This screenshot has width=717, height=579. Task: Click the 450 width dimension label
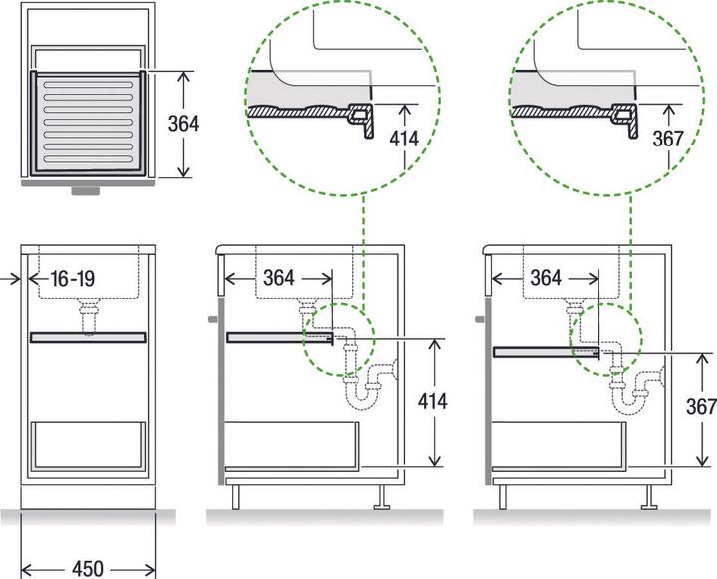(88, 569)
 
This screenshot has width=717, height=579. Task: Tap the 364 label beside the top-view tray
(183, 124)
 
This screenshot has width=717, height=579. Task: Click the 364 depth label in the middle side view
(278, 278)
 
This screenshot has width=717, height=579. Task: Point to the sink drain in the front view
(89, 317)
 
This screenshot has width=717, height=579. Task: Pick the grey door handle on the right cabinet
(480, 320)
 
